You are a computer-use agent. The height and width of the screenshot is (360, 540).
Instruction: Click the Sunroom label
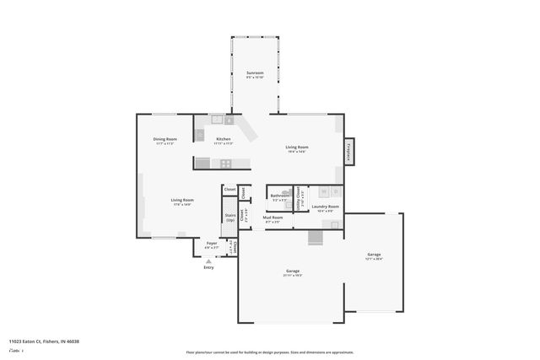pyautogui.click(x=255, y=73)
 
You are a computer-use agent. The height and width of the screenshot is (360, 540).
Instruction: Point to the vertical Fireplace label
pyautogui.click(x=348, y=151)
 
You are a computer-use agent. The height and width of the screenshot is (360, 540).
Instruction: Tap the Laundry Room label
pyautogui.click(x=325, y=207)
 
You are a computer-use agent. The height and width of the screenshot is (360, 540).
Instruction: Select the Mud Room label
pyautogui.click(x=273, y=220)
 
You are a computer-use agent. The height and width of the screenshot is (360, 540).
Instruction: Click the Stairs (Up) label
pyautogui.click(x=229, y=217)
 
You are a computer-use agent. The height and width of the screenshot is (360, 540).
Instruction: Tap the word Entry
pyautogui.click(x=208, y=267)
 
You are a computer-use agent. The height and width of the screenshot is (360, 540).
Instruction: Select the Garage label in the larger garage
pyautogui.click(x=293, y=271)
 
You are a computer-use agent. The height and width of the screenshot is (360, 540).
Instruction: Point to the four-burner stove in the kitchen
pyautogui.click(x=226, y=164)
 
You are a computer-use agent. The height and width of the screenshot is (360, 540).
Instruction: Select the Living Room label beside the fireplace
pyautogui.click(x=296, y=148)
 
